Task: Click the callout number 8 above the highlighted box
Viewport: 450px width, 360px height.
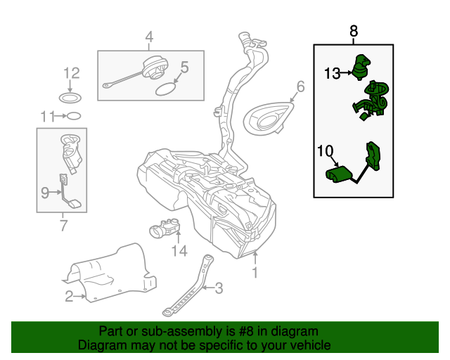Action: click(x=353, y=31)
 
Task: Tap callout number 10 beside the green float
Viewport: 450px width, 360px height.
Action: click(x=325, y=150)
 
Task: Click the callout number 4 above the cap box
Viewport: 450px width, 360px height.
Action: click(x=149, y=37)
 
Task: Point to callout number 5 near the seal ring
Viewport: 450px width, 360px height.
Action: click(x=185, y=67)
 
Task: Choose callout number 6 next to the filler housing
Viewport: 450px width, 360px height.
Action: click(x=300, y=87)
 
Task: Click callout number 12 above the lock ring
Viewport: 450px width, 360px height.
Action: click(x=72, y=73)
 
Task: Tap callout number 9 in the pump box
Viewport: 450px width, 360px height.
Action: click(x=45, y=191)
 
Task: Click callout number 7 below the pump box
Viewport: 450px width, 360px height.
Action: click(x=63, y=226)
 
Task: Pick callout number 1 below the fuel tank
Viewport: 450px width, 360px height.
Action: click(x=255, y=271)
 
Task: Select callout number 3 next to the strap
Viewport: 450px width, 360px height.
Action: click(x=219, y=287)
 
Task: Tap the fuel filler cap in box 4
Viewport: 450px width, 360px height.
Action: click(x=153, y=71)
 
